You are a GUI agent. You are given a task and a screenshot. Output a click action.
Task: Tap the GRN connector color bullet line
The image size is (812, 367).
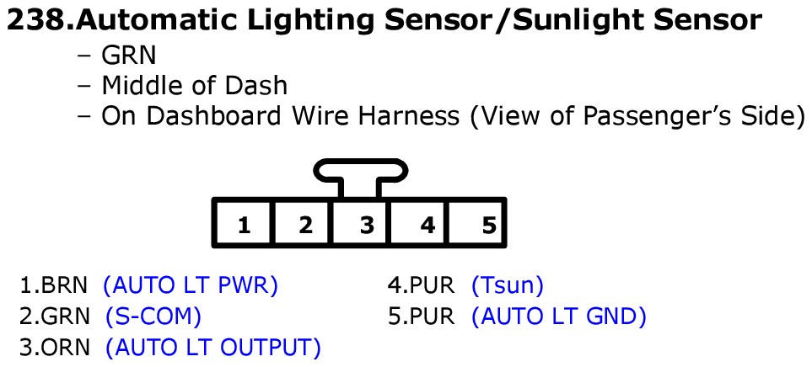(128, 56)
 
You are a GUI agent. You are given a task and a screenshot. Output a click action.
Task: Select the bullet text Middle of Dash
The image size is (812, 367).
(194, 85)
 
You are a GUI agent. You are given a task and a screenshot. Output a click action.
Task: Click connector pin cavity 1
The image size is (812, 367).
(244, 225)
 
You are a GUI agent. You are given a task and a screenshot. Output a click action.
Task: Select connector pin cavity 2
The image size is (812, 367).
(305, 225)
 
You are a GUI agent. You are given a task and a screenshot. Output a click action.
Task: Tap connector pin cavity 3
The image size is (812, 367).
(367, 225)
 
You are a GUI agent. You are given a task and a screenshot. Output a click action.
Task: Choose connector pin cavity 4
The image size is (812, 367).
(428, 225)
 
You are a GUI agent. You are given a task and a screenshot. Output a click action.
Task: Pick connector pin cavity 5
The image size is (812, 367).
(489, 225)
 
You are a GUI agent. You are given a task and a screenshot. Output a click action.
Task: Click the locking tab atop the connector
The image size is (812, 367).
(361, 173)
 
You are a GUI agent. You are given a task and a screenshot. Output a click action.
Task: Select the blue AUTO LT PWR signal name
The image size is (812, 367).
(191, 286)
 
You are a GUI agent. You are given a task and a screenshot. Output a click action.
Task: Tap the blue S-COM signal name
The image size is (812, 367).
(153, 317)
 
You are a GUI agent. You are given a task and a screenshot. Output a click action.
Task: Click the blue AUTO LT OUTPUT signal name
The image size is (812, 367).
(213, 347)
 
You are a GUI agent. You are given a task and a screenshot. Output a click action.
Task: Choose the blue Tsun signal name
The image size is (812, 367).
(508, 286)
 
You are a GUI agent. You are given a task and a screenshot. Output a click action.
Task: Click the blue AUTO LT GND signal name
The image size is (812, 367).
(559, 317)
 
